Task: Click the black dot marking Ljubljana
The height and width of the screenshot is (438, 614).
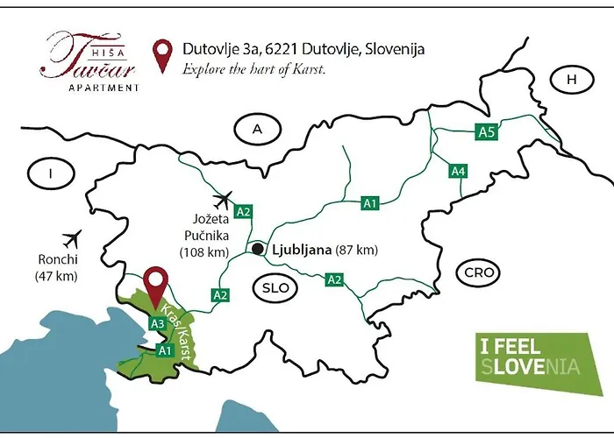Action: [x=257, y=250]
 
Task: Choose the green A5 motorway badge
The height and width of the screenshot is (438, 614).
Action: [x=487, y=132]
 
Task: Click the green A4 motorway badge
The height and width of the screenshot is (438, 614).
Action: [x=457, y=171]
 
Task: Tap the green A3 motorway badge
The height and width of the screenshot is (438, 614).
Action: [x=158, y=323]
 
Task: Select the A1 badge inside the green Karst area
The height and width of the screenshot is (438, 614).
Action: [x=164, y=350]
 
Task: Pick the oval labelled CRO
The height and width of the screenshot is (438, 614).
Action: [x=480, y=273]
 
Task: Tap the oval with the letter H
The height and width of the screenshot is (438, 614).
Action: [x=573, y=80]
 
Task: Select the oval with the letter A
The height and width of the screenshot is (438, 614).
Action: [x=258, y=129]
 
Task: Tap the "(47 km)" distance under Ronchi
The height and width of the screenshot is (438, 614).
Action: [x=57, y=277]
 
